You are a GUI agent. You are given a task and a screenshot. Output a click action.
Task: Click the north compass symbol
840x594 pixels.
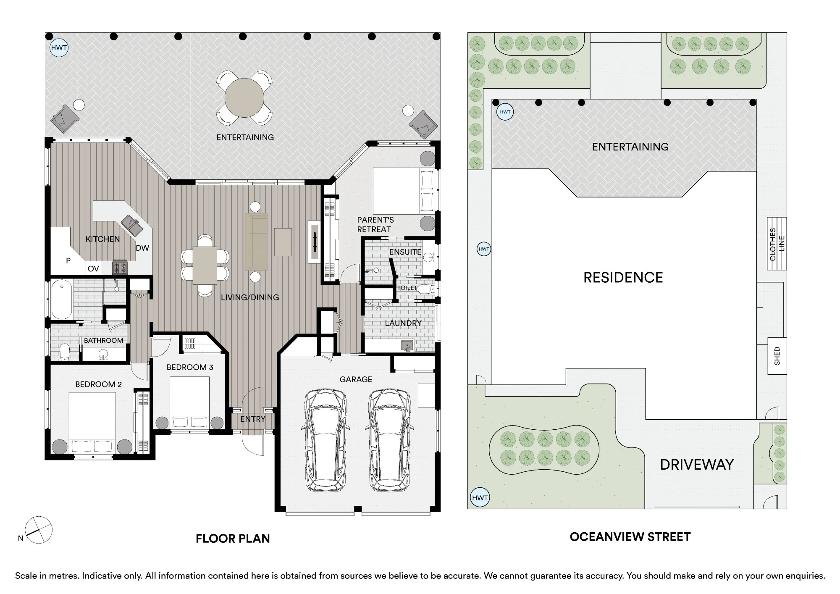click(39, 530)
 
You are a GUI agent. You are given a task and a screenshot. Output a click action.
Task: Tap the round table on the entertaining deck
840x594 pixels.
click(244, 98)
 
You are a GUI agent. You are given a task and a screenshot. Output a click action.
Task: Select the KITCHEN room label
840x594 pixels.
click(102, 239)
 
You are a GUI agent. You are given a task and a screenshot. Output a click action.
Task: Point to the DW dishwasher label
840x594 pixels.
click(142, 248)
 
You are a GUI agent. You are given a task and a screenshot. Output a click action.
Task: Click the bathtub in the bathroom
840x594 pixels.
click(62, 299)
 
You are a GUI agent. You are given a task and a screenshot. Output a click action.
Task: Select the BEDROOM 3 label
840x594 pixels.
click(190, 368)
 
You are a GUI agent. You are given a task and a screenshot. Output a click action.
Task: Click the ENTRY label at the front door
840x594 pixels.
click(253, 419)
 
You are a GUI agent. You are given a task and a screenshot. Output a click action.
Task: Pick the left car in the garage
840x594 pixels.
click(325, 439)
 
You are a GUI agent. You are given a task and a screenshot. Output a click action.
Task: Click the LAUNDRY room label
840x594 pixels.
click(403, 323)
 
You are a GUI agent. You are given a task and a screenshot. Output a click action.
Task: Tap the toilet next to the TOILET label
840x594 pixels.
click(426, 289)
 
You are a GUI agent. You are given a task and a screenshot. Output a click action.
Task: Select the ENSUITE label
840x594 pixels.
click(405, 252)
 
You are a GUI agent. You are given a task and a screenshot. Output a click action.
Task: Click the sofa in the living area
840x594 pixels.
click(256, 242)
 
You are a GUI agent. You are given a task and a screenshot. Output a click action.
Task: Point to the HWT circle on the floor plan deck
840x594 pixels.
click(59, 47)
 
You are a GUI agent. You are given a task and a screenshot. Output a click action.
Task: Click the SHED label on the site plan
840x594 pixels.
click(777, 356)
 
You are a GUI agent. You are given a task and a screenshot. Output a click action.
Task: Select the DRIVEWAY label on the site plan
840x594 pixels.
click(697, 465)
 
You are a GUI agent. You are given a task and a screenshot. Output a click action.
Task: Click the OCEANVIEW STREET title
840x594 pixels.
click(630, 537)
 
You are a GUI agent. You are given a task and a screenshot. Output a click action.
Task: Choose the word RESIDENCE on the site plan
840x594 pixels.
click(623, 278)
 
